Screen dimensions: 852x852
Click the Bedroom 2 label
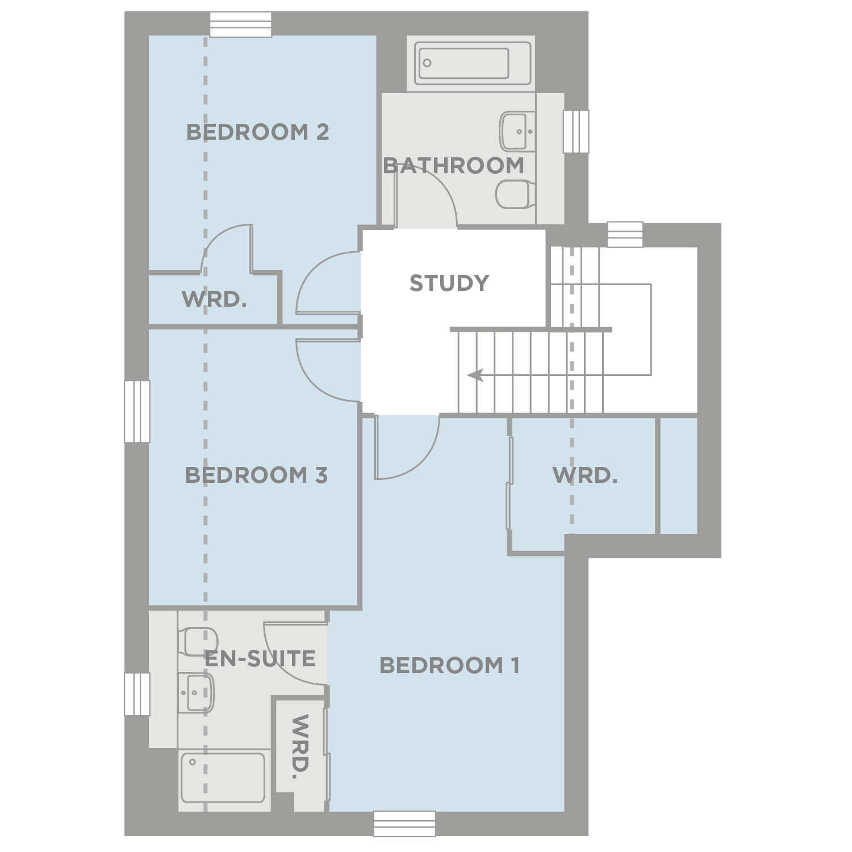257,132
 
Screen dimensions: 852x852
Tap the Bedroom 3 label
256,475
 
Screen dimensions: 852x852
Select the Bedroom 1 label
449,665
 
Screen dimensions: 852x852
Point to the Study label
449,283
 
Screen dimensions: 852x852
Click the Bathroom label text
453,166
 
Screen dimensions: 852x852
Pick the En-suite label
260,659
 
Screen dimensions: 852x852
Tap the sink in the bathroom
517,131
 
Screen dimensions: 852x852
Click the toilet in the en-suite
197,641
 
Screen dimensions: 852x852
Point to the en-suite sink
196,692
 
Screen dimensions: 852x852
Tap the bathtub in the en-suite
223,777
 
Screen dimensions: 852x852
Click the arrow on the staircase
475,375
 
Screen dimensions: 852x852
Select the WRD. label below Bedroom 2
214,299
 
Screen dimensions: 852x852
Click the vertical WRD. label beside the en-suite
299,746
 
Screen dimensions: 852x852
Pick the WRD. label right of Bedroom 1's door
584,475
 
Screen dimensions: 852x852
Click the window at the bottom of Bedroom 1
404,824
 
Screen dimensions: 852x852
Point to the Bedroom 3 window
137,411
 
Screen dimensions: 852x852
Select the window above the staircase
625,235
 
